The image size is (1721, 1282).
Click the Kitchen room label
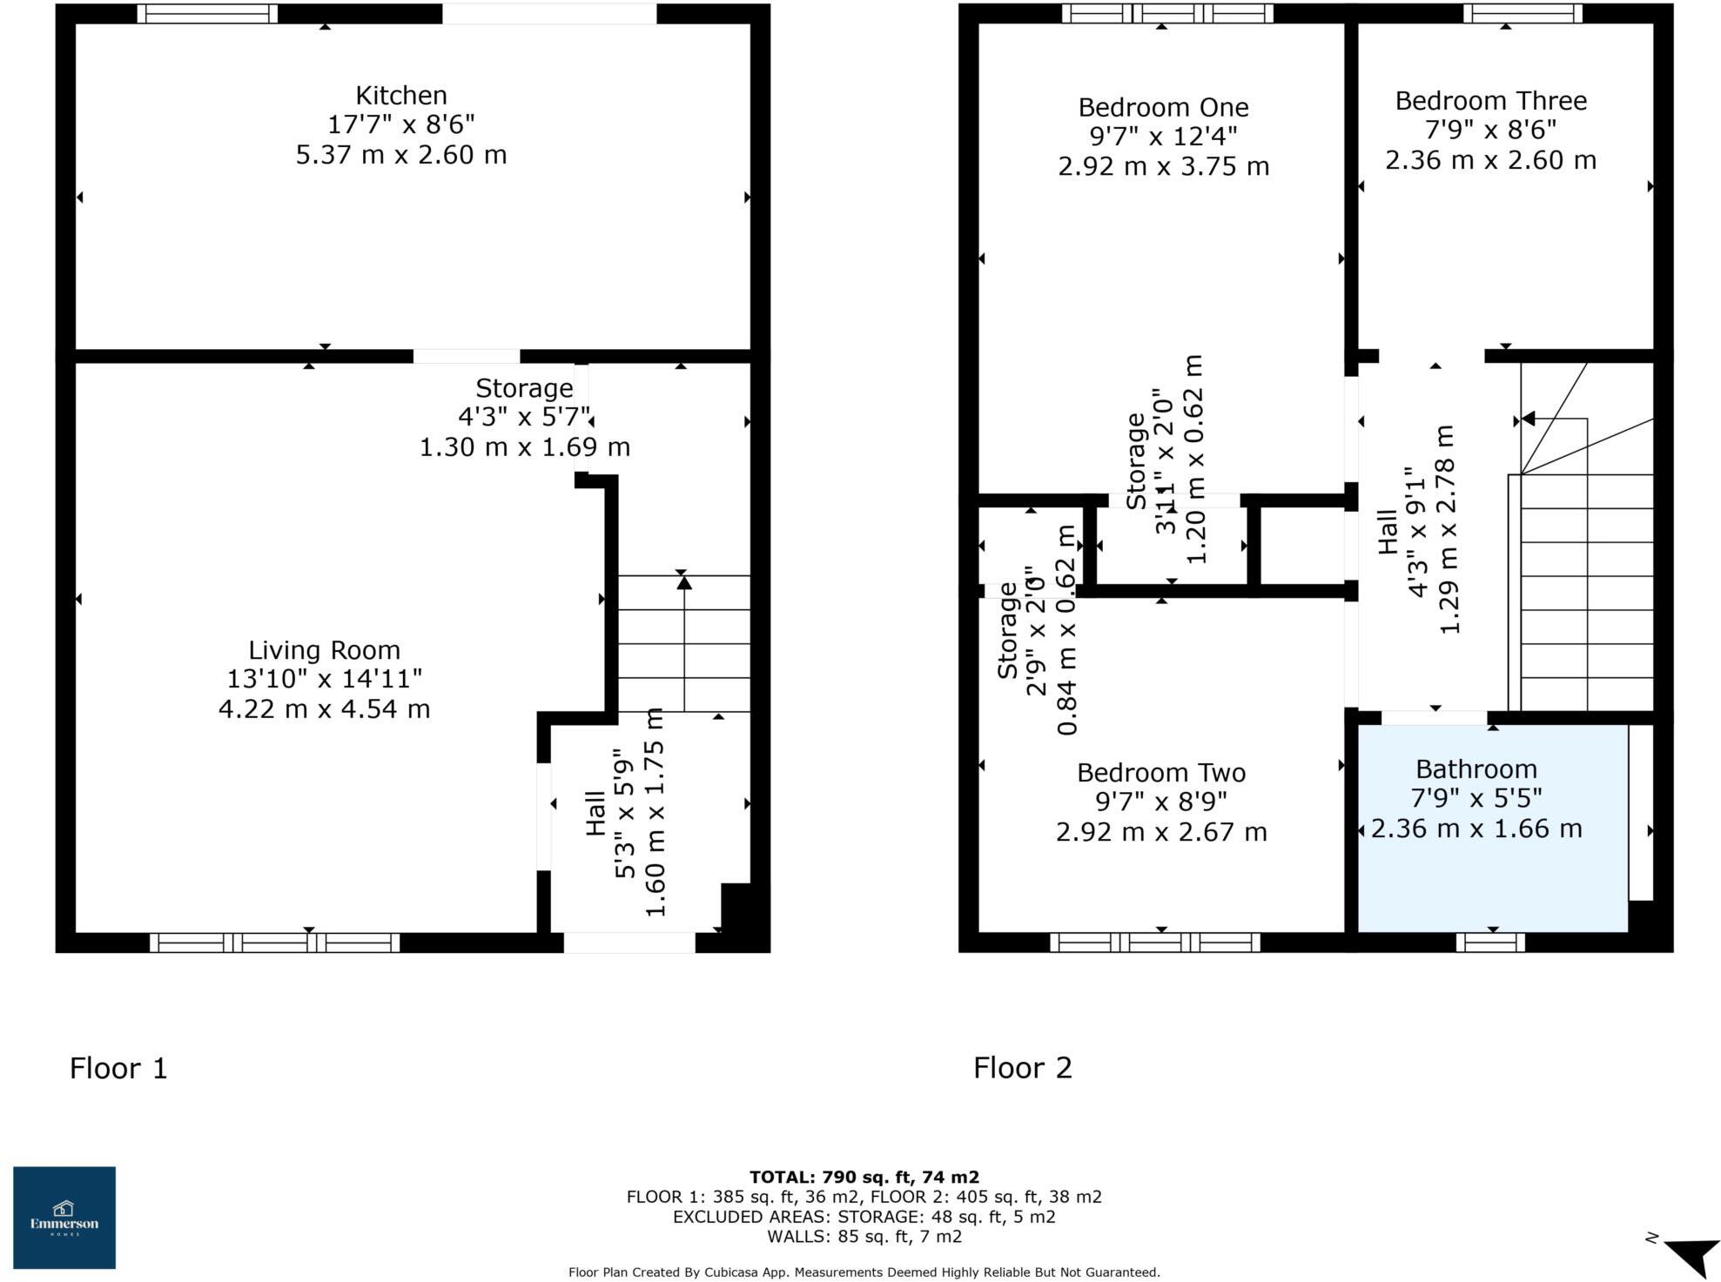pos(400,95)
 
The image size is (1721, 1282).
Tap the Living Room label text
pos(324,650)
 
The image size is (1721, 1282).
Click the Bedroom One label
pos(1162,107)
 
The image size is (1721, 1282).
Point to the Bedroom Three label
pos(1489,101)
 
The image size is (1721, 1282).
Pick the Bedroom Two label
pos(1160,772)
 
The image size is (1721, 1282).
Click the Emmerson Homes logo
pos(64,1217)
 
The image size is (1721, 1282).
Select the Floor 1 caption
pos(118,1067)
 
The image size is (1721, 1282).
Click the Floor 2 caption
pos(1022,1067)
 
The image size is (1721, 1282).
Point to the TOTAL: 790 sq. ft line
pos(864,1178)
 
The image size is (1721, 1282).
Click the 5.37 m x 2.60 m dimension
pos(400,155)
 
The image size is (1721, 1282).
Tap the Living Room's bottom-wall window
pos(274,942)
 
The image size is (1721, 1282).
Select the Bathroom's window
pos(1489,942)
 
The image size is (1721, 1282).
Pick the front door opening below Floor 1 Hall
pos(629,942)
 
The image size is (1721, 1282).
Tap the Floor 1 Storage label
pos(524,388)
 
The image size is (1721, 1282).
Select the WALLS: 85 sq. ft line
pos(864,1236)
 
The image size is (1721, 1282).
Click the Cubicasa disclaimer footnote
pos(864,1272)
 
